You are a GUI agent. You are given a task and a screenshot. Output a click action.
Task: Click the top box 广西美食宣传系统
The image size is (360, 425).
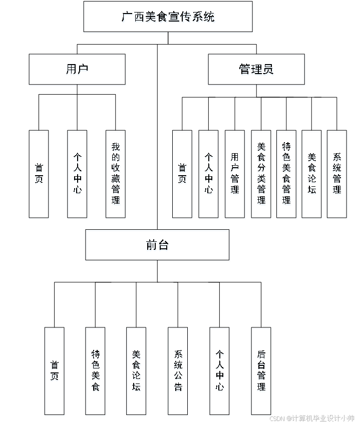click(x=168, y=18)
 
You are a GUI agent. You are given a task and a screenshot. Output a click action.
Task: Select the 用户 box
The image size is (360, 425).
click(x=77, y=70)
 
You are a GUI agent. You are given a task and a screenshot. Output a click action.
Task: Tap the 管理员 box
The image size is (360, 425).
click(x=256, y=70)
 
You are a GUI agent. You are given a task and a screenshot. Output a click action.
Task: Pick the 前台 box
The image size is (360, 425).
click(x=157, y=246)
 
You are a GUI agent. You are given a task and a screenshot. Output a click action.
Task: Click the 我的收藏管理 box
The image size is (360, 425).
click(x=116, y=175)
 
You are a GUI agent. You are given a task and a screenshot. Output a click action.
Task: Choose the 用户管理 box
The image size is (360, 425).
click(x=235, y=175)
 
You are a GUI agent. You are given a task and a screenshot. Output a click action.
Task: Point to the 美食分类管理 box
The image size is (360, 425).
click(x=261, y=175)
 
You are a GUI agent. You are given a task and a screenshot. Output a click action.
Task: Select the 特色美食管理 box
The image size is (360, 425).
click(x=286, y=175)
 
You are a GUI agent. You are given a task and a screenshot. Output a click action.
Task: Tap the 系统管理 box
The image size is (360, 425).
click(x=337, y=175)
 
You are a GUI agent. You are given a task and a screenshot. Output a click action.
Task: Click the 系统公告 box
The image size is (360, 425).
click(x=178, y=372)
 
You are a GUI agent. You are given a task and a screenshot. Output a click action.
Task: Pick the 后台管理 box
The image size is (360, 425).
click(x=261, y=372)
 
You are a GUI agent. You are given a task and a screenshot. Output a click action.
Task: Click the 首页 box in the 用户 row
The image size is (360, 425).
click(x=39, y=175)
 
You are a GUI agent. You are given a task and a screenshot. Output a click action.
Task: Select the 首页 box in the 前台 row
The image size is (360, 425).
click(x=55, y=372)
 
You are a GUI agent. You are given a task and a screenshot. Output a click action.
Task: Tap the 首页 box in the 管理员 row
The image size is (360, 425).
click(x=182, y=175)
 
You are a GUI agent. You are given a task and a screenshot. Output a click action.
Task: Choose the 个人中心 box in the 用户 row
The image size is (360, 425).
click(x=78, y=175)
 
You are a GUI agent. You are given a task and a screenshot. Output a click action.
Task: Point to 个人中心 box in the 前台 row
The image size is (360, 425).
click(x=219, y=372)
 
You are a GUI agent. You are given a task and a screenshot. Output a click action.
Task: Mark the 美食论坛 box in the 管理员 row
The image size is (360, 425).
click(x=311, y=175)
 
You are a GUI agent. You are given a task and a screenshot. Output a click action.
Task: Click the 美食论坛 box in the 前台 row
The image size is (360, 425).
click(x=137, y=372)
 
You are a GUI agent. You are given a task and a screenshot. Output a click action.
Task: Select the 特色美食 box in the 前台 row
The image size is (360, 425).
click(x=96, y=372)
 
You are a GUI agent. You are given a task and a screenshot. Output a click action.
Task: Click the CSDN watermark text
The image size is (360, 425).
click(x=311, y=418)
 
